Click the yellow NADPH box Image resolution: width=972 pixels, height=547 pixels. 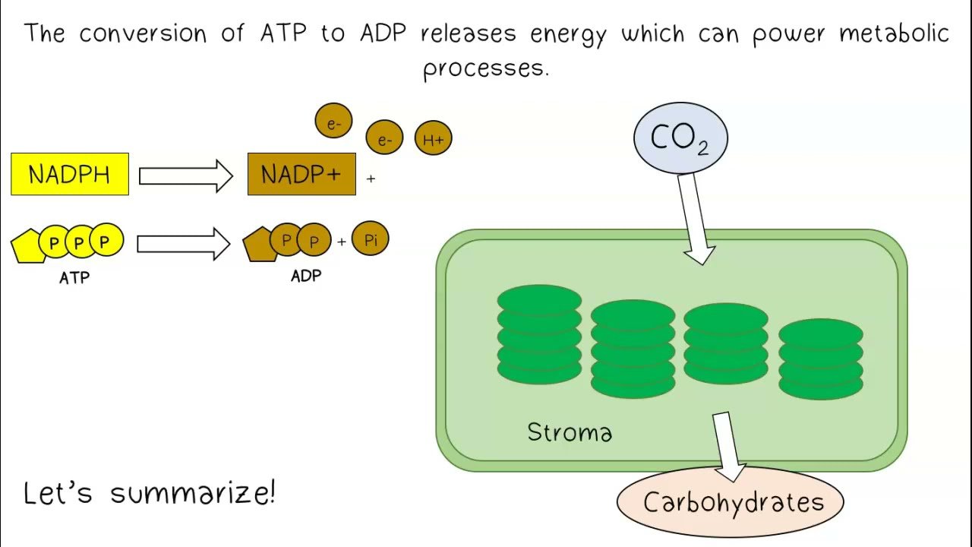[70, 174]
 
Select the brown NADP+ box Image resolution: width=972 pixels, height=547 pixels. [301, 174]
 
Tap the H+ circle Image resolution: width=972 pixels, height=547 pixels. [433, 139]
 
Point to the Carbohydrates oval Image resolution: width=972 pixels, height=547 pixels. [732, 502]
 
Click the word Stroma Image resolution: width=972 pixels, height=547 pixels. [570, 432]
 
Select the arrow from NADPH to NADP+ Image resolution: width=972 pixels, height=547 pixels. [185, 175]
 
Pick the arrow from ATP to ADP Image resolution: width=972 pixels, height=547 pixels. [183, 243]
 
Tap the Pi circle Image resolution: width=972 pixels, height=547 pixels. [371, 239]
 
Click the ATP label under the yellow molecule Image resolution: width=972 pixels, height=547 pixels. [74, 278]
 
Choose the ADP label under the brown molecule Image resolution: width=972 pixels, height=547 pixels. [306, 276]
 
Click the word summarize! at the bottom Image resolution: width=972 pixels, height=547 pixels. [193, 494]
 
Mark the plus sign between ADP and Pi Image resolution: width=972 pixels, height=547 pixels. [342, 242]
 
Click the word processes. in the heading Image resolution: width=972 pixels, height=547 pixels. [485, 68]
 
